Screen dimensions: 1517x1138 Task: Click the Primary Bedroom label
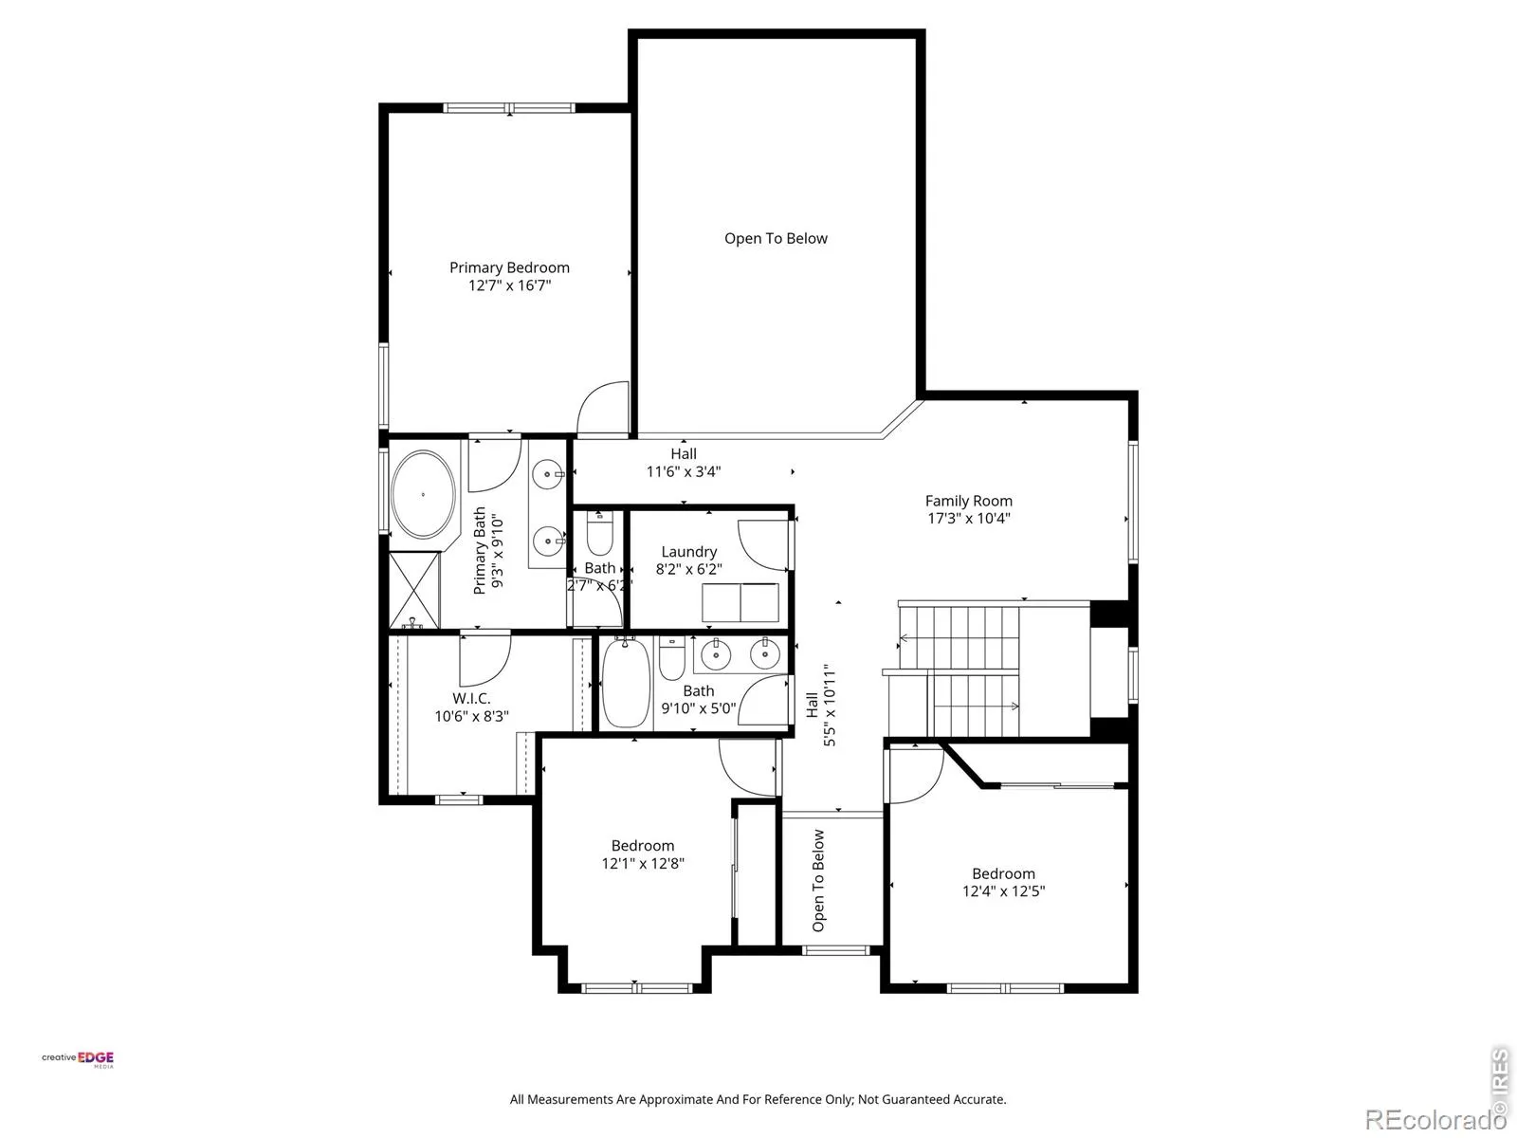pos(509,267)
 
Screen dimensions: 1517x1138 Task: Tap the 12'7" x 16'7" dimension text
pos(509,285)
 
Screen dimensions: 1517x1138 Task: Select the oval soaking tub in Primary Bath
pos(423,495)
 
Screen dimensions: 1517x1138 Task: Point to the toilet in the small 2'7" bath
pos(599,534)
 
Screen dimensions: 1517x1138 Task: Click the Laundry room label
pos(689,551)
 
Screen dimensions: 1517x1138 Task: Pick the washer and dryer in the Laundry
pos(740,602)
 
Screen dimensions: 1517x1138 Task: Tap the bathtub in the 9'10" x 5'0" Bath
pos(626,682)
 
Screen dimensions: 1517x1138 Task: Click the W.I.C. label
pos(471,699)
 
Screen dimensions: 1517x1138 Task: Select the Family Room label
pos(968,501)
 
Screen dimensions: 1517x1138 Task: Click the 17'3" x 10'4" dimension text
pos(968,518)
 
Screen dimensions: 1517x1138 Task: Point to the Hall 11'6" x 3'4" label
pos(684,462)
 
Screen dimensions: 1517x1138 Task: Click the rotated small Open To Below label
pos(818,880)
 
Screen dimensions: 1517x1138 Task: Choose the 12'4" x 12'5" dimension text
pos(1003,891)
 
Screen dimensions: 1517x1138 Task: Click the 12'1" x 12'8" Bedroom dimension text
pos(643,863)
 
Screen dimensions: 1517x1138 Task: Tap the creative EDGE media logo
pos(78,1059)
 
